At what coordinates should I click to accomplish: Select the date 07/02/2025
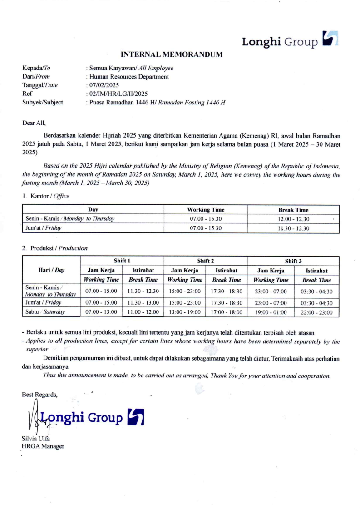pos(102,85)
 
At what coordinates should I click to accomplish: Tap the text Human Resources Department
pos(129,77)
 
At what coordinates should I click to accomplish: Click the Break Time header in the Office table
pos(293,210)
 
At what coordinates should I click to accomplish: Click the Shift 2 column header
pos(206,261)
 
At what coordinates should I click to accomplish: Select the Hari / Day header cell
pos(51,270)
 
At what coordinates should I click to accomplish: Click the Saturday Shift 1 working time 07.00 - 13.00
pos(101,312)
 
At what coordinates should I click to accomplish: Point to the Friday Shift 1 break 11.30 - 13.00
pos(143,303)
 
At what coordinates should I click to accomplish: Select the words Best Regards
pos(40,395)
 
